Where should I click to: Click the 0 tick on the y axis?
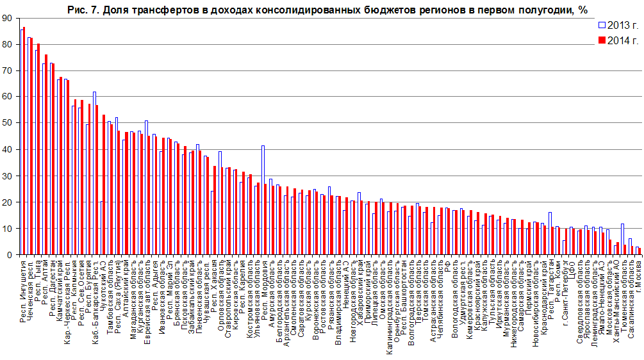(x=9, y=255)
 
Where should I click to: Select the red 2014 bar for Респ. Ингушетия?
(x=24, y=141)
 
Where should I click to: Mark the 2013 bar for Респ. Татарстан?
(x=550, y=233)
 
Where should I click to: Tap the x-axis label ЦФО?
(x=572, y=264)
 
